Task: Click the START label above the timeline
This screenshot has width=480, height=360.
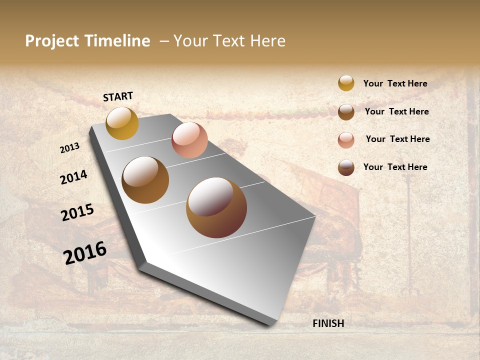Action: [x=118, y=96]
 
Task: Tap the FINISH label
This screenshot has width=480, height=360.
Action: [x=328, y=323]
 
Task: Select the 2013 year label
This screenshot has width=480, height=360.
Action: [x=70, y=148]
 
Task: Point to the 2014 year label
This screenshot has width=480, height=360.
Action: [x=73, y=177]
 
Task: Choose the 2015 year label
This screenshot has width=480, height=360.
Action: [x=77, y=212]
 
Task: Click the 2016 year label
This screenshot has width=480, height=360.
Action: [x=85, y=253]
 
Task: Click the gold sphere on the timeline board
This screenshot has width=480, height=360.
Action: [x=122, y=123]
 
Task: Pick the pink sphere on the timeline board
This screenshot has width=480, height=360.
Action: [x=189, y=140]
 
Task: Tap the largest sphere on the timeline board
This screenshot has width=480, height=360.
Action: [x=216, y=207]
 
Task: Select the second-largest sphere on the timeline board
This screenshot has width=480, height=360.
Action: [x=145, y=180]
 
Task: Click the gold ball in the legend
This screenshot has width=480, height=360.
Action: [x=346, y=83]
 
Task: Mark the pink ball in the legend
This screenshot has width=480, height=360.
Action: [x=346, y=140]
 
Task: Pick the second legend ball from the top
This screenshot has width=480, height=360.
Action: [x=346, y=112]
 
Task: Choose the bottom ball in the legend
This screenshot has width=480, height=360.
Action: [x=346, y=168]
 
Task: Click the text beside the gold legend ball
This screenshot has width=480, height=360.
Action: [x=395, y=84]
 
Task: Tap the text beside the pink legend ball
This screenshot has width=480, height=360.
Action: [x=397, y=139]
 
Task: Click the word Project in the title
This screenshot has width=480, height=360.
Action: [x=52, y=41]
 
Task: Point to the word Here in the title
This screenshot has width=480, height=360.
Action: [x=267, y=41]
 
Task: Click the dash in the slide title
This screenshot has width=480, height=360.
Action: [x=163, y=41]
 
